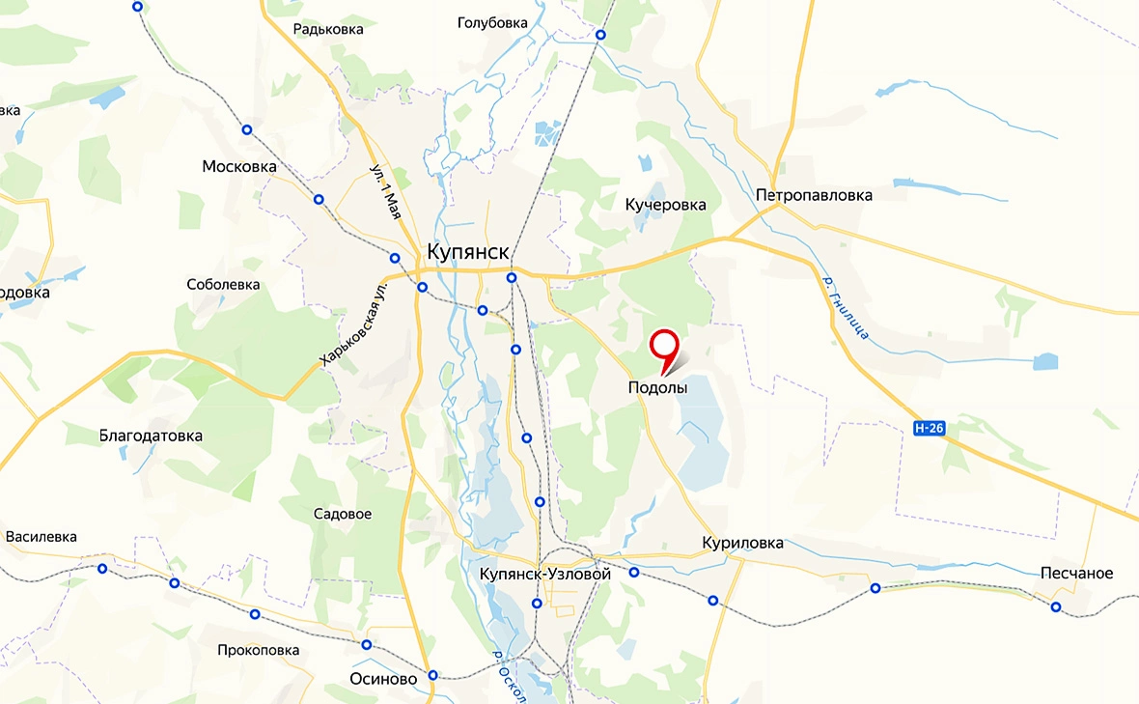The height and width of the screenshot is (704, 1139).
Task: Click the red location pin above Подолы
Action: (664, 346)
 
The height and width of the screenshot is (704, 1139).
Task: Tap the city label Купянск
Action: (467, 252)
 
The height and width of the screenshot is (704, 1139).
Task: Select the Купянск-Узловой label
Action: (545, 575)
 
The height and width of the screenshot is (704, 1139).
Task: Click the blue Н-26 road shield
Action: (928, 428)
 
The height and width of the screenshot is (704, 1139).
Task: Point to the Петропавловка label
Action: (814, 195)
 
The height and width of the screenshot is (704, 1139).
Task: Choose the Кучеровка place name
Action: (665, 205)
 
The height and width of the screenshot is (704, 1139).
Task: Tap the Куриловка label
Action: (742, 544)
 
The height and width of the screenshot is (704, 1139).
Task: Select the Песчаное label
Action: (1076, 574)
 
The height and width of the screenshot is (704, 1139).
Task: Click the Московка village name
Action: (239, 167)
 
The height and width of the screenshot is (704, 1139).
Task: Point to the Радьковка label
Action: (328, 29)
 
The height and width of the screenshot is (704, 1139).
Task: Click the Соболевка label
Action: (223, 285)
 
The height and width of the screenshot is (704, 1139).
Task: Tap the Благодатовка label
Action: (151, 436)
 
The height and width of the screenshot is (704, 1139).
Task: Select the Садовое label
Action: (343, 514)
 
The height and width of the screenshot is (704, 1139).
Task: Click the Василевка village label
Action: (41, 537)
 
